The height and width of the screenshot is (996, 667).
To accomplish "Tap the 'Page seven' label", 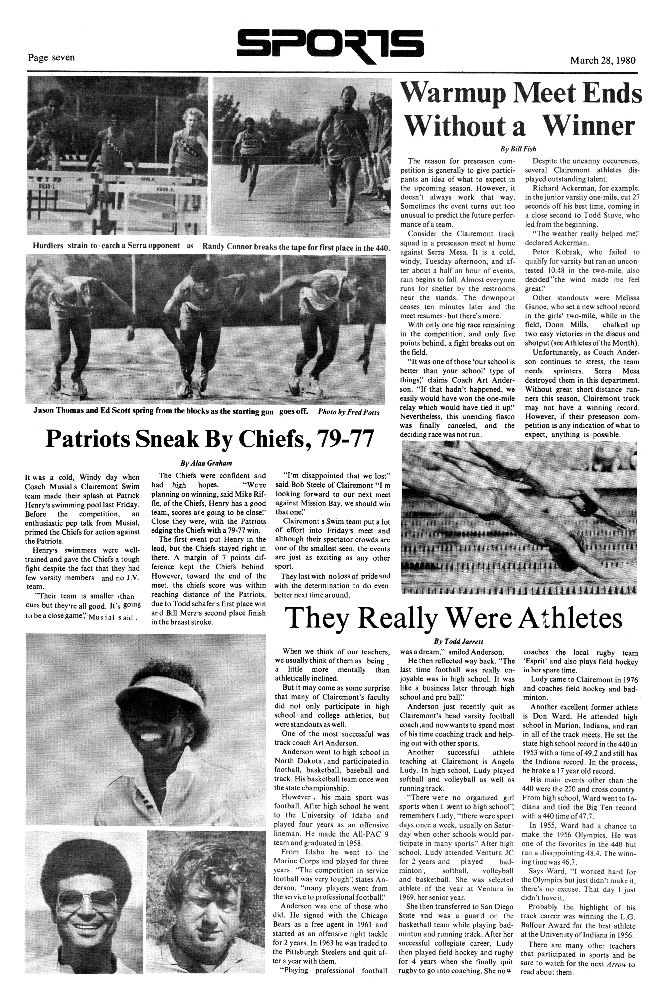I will [x=51, y=57].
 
